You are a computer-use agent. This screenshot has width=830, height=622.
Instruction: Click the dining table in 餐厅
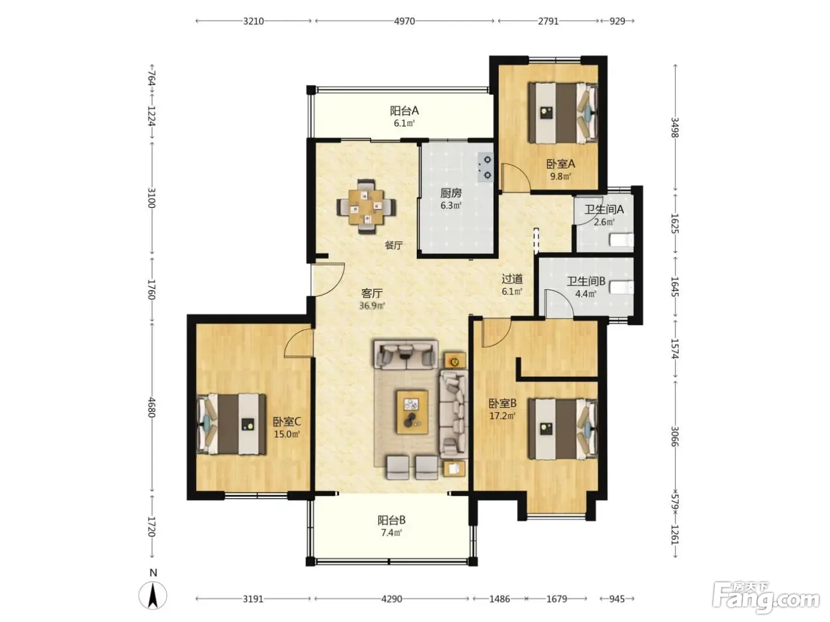(x=366, y=207)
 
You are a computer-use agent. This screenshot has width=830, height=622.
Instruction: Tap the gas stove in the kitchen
(x=485, y=167)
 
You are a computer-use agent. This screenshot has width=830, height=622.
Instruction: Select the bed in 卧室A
(x=562, y=114)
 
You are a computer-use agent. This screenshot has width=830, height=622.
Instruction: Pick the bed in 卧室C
(x=231, y=424)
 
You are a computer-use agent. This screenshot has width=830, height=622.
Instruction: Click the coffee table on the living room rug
(x=412, y=412)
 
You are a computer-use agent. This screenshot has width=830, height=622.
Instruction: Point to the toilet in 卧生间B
(x=621, y=287)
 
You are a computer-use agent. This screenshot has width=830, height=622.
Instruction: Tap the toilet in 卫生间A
(x=621, y=240)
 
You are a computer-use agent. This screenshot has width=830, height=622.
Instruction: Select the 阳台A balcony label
(x=404, y=111)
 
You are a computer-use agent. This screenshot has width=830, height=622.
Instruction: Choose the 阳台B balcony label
(x=391, y=521)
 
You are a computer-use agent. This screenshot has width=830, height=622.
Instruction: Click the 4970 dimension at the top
(x=404, y=21)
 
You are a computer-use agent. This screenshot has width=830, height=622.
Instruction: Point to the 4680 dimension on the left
(x=151, y=407)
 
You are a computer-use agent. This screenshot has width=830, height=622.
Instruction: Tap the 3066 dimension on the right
(x=675, y=436)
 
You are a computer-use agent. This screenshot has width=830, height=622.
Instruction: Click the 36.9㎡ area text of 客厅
(x=372, y=306)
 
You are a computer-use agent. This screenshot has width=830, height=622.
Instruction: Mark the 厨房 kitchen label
(x=451, y=193)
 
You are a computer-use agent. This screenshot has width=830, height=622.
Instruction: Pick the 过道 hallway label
(x=512, y=279)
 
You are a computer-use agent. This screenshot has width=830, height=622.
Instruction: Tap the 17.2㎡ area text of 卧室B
(x=502, y=416)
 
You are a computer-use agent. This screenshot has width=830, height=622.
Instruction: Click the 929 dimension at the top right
(x=617, y=21)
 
